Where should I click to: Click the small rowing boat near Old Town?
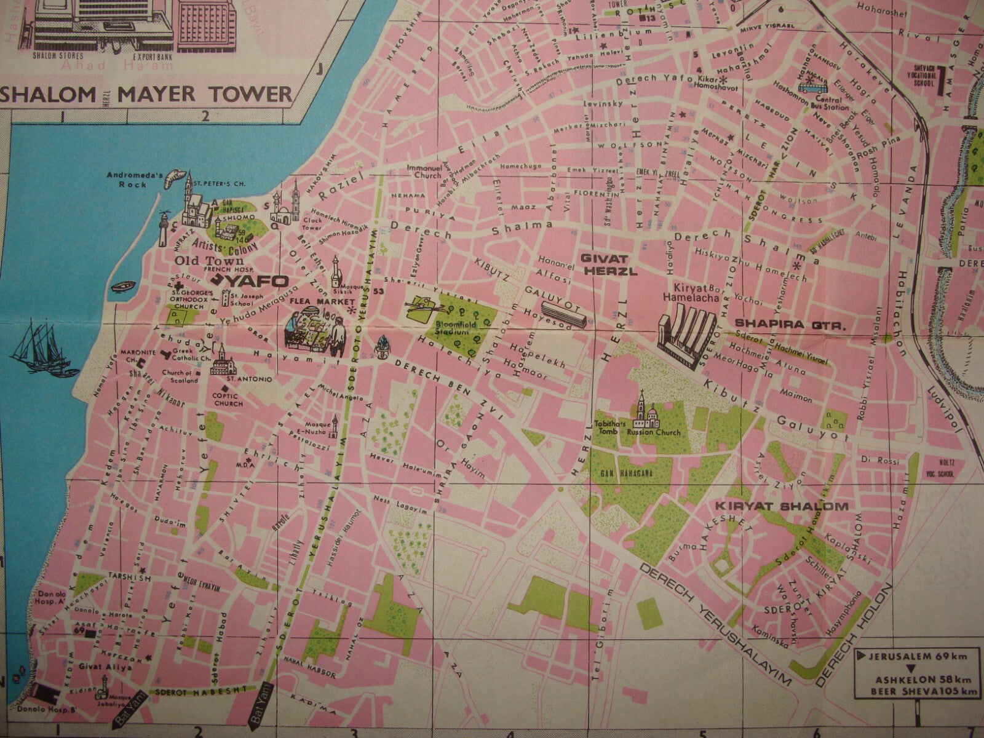click(124, 286)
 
